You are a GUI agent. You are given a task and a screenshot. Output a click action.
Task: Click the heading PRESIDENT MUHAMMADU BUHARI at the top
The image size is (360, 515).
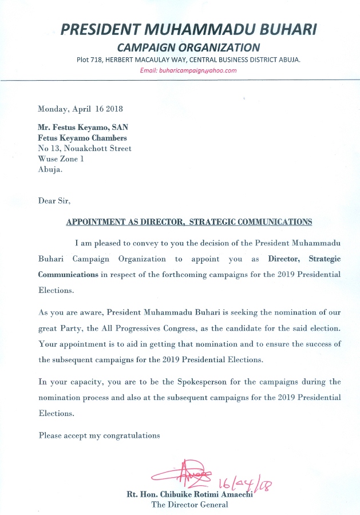coord(188,29)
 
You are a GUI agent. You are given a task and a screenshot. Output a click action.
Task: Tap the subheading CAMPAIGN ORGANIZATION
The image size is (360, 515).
coord(188,47)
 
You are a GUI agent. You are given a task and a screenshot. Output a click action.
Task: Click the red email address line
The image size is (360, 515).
coord(188,71)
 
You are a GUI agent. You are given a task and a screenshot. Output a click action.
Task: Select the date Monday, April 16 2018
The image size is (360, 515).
coord(81,109)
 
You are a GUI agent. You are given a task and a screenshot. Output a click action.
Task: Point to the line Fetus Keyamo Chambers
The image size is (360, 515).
coord(82,138)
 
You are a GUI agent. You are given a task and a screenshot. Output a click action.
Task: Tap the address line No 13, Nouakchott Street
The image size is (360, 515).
coord(85,148)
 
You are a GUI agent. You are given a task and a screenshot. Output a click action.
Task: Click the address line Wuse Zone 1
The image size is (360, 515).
coord(61,159)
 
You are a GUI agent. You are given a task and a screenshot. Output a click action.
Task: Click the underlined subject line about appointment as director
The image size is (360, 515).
coord(189,221)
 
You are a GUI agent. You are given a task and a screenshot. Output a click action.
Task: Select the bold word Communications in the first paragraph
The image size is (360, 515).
coord(68,274)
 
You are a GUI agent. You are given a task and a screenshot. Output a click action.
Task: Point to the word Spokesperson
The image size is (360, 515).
coord(193,382)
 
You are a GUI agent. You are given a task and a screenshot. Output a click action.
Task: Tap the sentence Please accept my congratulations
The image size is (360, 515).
coord(100,435)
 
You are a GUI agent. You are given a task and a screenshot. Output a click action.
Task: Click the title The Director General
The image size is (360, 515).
coord(189,505)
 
